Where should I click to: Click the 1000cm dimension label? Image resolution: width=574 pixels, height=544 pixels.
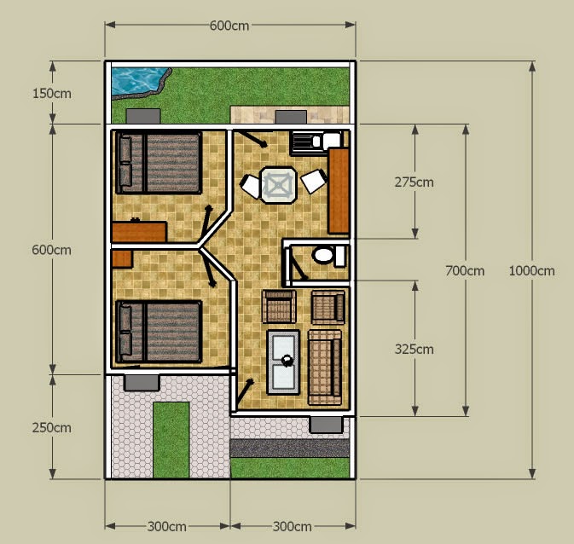[531, 271]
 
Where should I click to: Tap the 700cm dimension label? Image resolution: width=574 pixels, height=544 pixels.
[465, 271]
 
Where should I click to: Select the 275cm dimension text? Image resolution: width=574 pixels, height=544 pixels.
[414, 182]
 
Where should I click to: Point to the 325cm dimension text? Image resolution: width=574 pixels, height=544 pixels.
[414, 350]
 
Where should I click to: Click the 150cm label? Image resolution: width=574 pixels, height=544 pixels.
[52, 94]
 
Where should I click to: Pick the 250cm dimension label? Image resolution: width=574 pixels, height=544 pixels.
[52, 427]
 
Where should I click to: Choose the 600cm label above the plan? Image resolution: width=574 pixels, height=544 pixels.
[229, 26]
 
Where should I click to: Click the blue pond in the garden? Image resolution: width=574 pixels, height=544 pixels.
[137, 80]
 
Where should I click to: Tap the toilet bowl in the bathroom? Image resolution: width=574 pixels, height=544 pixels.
[323, 255]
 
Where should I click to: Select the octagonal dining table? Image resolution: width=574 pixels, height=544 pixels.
[279, 185]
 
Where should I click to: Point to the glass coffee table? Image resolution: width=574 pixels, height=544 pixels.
[283, 362]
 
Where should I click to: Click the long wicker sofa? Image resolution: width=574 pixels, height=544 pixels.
[325, 367]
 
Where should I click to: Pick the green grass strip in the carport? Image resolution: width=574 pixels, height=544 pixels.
[171, 440]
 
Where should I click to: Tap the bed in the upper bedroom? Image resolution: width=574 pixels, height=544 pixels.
[159, 163]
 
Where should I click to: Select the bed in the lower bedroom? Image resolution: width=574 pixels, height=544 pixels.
[159, 332]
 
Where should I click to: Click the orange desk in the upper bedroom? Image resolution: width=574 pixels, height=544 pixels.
[139, 232]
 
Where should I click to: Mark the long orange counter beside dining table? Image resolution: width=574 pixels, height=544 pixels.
[339, 190]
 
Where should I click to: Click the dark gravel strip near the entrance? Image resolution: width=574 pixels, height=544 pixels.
[290, 449]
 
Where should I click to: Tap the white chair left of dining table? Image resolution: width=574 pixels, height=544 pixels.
[250, 186]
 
